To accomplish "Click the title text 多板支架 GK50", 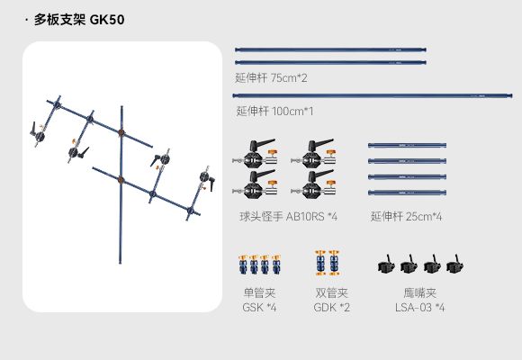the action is pos(79,20).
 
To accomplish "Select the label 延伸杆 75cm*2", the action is pos(271,78).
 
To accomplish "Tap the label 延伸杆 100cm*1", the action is pos(274,111).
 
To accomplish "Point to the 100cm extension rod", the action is pos(373,96).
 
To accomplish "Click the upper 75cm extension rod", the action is pos(330,50).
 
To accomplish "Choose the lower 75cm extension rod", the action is pos(330,62).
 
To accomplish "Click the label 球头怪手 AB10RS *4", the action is pos(288,217).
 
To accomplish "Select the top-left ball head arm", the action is pos(256,154).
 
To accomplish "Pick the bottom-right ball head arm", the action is pos(313,184).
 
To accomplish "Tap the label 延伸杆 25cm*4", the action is pos(406,217).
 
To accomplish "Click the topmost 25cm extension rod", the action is pos(407,145).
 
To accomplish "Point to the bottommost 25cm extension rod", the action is pos(407,193).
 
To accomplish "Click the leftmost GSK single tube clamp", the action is pos(243,265).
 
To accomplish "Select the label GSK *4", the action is pos(259,308).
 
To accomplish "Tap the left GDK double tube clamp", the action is pos(320,263).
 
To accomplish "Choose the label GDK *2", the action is pos(332,308).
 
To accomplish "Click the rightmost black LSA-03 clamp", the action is pos(454,264).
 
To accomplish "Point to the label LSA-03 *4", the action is pos(420,308).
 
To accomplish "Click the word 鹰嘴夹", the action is pos(420,293).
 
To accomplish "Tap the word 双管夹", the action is pos(332,293).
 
